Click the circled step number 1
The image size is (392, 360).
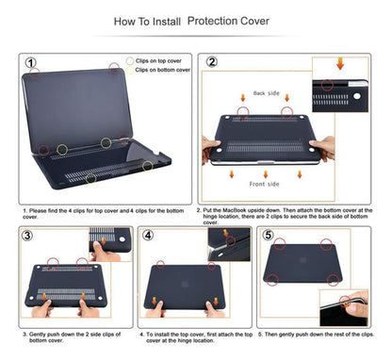point(31,63)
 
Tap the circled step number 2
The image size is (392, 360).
point(213,63)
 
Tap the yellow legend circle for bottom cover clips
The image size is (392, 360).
point(129,70)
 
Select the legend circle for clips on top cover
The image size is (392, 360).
point(129,59)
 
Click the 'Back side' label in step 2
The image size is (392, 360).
point(267,94)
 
